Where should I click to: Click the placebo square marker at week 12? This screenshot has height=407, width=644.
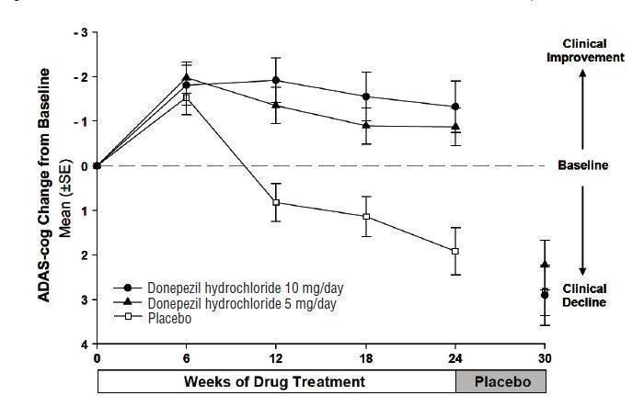click(276, 202)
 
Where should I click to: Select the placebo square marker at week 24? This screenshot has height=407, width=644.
click(455, 251)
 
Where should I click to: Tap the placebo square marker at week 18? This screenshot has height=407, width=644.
click(366, 217)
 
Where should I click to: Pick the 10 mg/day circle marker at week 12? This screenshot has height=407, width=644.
click(276, 80)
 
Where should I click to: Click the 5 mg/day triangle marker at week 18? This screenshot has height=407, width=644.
click(366, 126)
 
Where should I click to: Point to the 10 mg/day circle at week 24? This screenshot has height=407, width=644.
click(455, 107)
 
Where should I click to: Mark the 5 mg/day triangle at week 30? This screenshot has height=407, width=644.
click(545, 265)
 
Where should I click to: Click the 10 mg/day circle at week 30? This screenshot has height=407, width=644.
click(545, 295)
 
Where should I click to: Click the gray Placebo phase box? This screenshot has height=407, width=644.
click(500, 379)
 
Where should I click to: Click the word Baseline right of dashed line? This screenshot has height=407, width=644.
click(583, 166)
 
